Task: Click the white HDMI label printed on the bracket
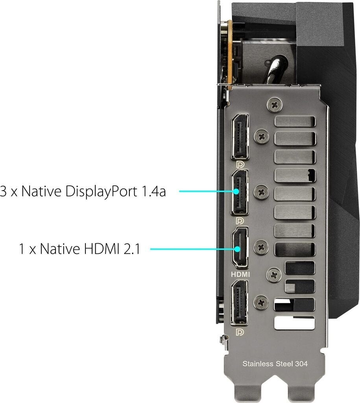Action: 240,274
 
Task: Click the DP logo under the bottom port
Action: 240,332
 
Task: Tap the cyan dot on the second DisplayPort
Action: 236,192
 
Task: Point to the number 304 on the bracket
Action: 300,364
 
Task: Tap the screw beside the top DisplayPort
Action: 261,136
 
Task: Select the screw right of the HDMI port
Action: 260,248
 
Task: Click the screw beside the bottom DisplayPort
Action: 260,303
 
